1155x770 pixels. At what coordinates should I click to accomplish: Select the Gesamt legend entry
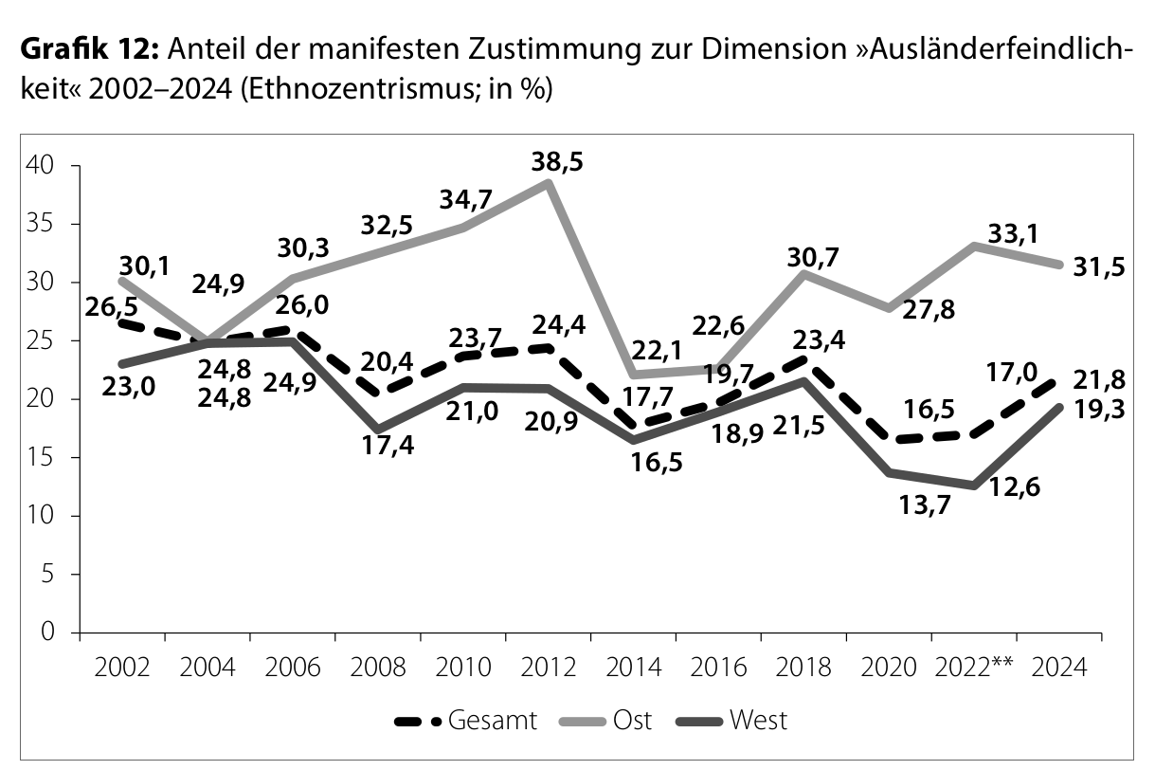[465, 721]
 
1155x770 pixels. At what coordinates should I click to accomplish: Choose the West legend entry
[735, 721]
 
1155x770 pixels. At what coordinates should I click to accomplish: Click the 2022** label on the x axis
[974, 667]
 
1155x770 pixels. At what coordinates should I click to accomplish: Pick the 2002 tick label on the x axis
[122, 667]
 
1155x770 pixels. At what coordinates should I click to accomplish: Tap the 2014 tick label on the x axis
[633, 667]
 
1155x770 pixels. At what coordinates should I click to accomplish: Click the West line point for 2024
[1058, 407]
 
